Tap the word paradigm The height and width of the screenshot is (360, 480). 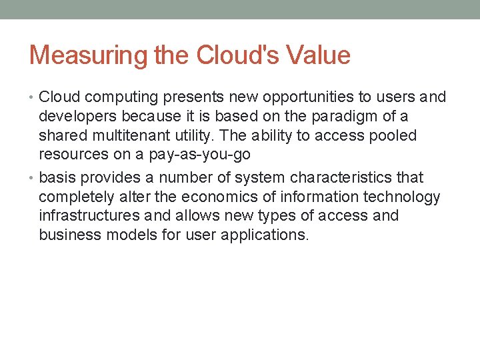click(x=352, y=117)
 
